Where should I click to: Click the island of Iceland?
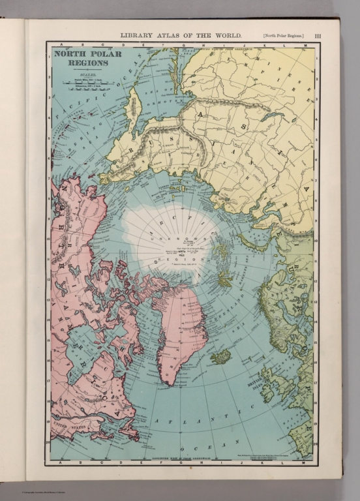point(220,356)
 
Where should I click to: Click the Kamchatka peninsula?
point(132,108)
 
